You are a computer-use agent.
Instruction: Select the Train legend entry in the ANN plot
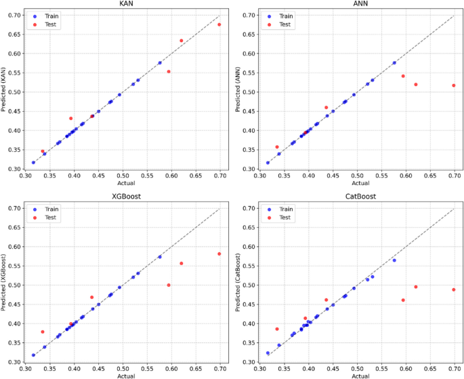pyautogui.click(x=287, y=14)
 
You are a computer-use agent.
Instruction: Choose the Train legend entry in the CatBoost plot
pyautogui.click(x=287, y=207)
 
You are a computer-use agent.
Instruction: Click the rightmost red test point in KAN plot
pyautogui.click(x=219, y=24)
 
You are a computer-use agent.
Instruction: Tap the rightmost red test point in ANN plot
pyautogui.click(x=454, y=85)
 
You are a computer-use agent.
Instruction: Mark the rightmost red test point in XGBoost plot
pyautogui.click(x=219, y=254)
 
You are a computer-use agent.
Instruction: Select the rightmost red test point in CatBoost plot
pyautogui.click(x=454, y=290)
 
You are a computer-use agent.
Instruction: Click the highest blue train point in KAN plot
pyautogui.click(x=160, y=62)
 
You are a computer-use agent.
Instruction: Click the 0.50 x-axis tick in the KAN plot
pyautogui.click(x=123, y=175)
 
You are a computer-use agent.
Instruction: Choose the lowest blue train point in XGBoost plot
pyautogui.click(x=33, y=355)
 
